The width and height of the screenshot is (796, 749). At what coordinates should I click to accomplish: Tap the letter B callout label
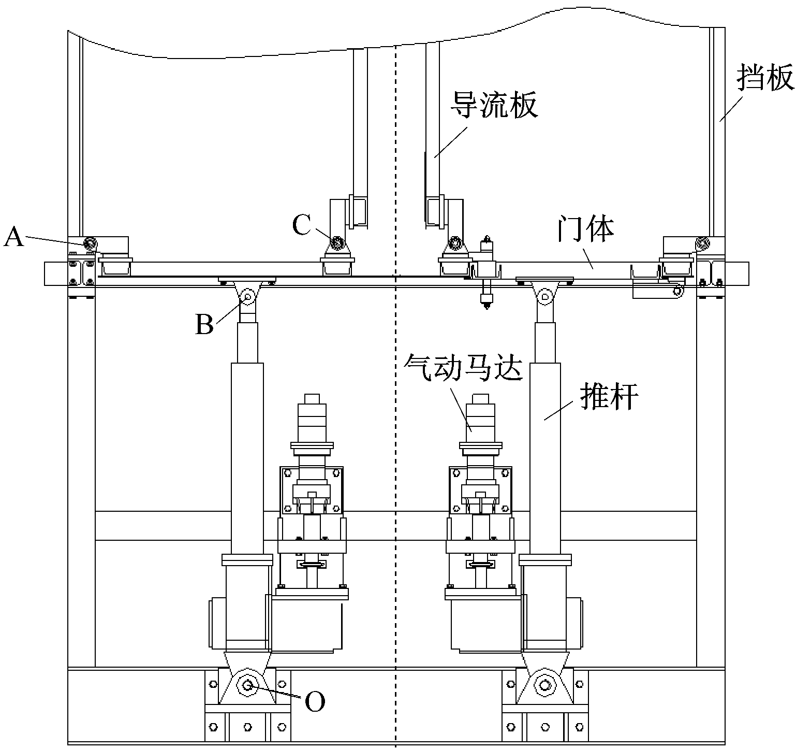204,325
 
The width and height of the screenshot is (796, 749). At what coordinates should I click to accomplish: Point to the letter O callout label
315,702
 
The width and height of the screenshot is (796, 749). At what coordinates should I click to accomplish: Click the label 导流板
494,105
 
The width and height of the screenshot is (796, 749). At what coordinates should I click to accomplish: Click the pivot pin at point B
247,297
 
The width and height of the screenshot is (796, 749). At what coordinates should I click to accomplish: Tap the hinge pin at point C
337,242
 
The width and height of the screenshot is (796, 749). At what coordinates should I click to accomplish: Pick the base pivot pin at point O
248,686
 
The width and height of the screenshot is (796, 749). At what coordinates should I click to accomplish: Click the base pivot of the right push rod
544,686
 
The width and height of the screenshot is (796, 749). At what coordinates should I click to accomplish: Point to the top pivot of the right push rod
544,297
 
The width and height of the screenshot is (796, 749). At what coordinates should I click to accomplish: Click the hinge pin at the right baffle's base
702,242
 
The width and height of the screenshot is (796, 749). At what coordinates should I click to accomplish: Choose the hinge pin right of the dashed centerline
455,242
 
